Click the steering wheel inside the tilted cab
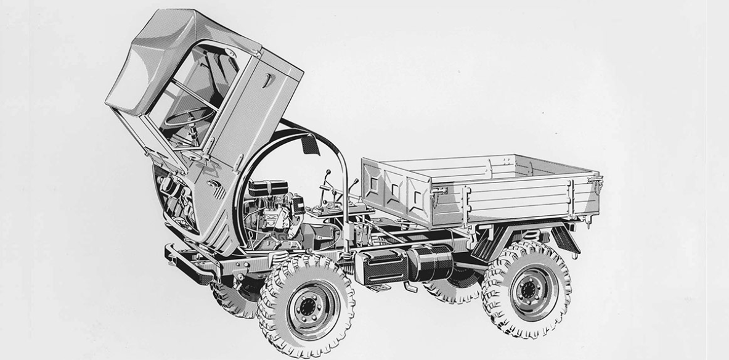tap(185, 117)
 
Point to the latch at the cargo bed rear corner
tap(595, 181)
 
